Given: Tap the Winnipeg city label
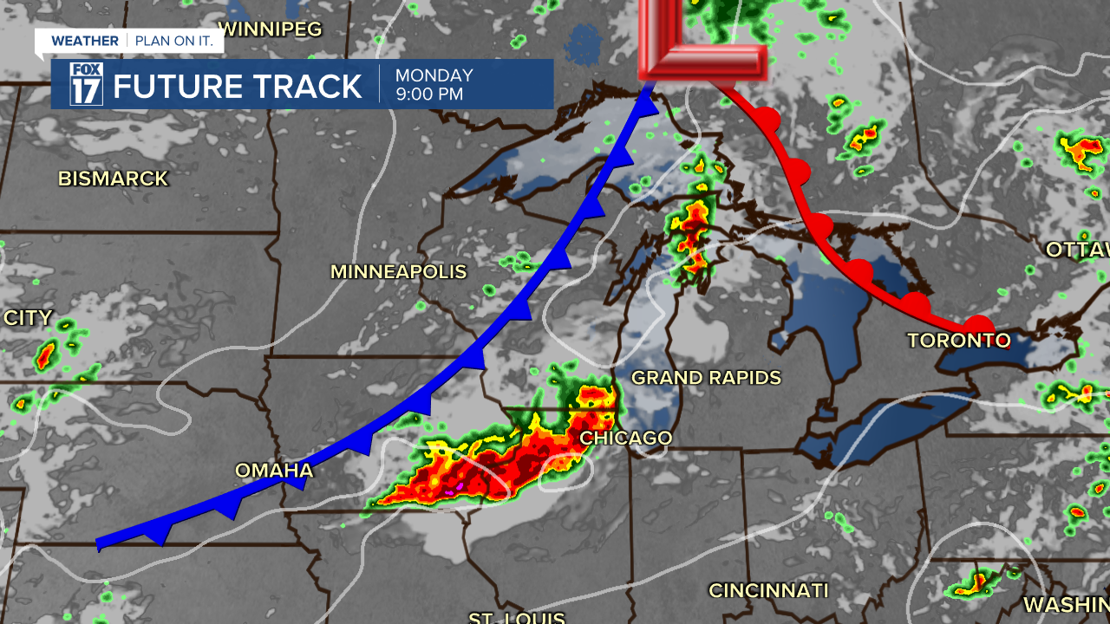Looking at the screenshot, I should click(270, 29).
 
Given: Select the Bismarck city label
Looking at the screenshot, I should click(113, 179).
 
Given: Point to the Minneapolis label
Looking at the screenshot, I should click(398, 272).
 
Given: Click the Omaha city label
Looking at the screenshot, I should click(274, 471).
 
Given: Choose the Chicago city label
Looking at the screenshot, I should click(625, 439).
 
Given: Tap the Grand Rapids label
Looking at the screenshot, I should click(706, 378).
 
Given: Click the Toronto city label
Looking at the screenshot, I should click(958, 341).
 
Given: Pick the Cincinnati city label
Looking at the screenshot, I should click(768, 591).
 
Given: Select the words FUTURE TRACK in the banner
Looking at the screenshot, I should click(237, 87).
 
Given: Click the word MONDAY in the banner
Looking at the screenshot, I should click(434, 75).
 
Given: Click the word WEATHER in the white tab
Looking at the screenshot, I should click(85, 41).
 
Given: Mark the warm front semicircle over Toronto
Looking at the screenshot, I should click(978, 325).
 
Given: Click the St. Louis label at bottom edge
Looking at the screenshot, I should click(516, 617).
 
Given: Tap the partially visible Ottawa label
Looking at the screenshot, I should click(1077, 250).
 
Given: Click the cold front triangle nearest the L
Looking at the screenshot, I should click(644, 103).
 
